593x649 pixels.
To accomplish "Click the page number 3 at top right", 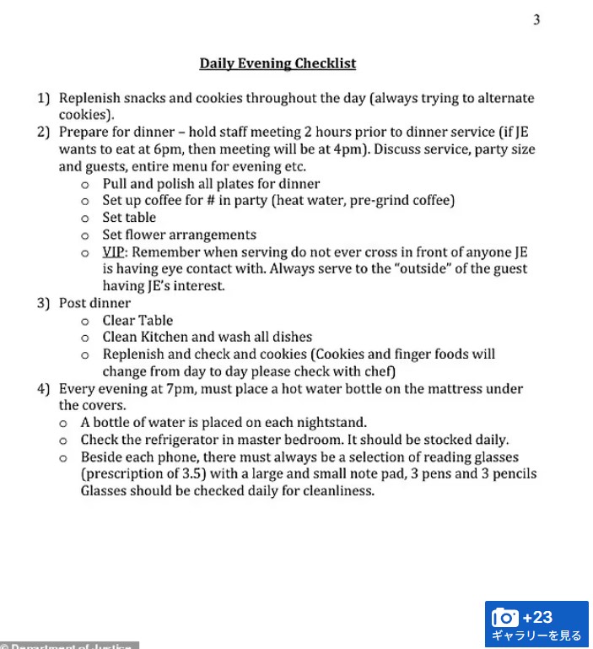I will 536,20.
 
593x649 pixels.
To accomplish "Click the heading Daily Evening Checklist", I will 278,63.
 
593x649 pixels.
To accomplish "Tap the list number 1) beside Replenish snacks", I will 43,99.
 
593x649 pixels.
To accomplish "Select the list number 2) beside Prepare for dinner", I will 43,133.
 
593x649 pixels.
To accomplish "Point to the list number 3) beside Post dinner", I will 43,303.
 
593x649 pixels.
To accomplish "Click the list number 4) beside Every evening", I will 43,389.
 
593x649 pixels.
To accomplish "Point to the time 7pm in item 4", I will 181,389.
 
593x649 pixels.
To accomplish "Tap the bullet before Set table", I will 85,219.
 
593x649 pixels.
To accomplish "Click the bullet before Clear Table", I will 85,322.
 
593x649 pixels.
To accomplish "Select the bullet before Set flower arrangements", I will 85,235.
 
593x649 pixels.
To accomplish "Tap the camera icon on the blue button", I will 504,618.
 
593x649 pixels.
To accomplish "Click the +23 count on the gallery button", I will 537,617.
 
